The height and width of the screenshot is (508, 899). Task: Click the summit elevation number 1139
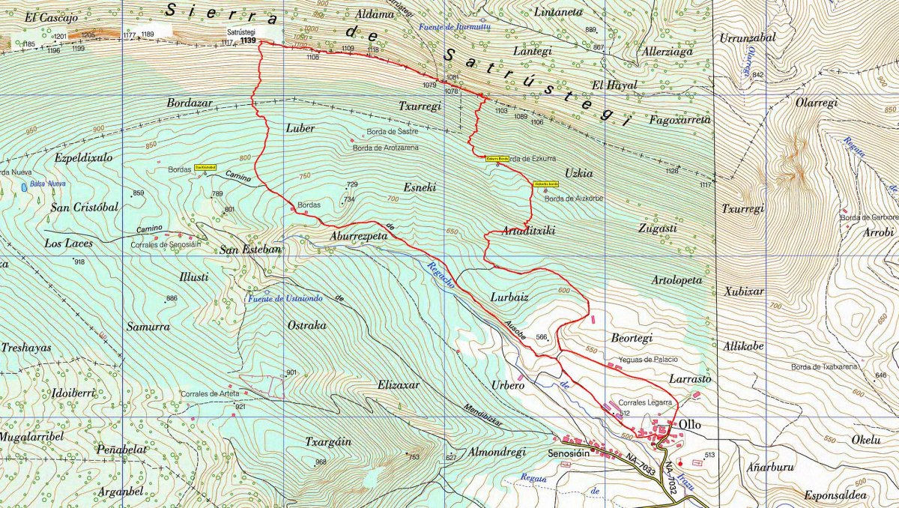point(248,41)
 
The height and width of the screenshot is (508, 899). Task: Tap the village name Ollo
point(689,424)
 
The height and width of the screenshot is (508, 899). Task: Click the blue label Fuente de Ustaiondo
point(285,299)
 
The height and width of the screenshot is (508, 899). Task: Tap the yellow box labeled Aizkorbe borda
point(545,184)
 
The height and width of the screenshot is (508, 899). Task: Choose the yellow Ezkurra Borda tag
point(498,159)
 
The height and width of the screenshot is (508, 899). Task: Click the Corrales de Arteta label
point(211,393)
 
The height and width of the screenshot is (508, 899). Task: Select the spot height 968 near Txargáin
point(321,462)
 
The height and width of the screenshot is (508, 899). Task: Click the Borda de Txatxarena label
point(823,367)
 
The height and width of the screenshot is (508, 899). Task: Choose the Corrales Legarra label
point(645,402)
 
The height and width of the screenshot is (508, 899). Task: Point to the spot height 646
point(880,375)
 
